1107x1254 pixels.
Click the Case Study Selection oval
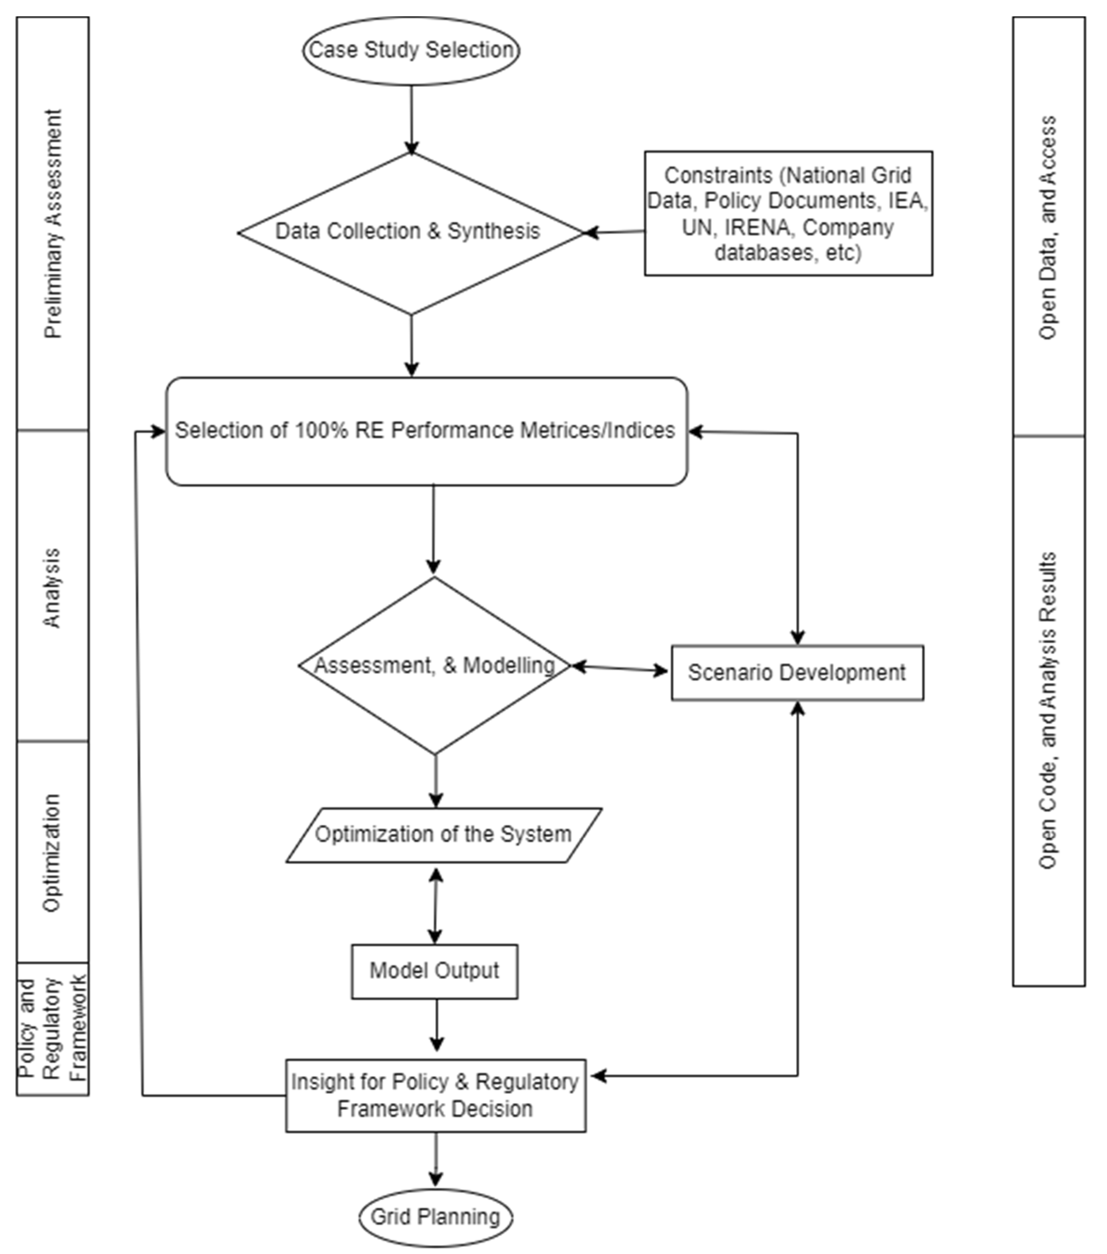point(410,50)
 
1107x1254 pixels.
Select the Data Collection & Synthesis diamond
point(407,231)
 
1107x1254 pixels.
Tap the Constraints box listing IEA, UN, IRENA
point(788,213)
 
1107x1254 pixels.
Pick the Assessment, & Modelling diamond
point(435,666)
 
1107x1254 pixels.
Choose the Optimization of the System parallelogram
point(443,834)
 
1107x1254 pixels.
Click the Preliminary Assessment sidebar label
point(53,224)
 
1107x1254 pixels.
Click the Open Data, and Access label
point(1048,227)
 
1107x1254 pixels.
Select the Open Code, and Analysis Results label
point(1048,710)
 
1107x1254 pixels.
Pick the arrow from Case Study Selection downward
point(411,120)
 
